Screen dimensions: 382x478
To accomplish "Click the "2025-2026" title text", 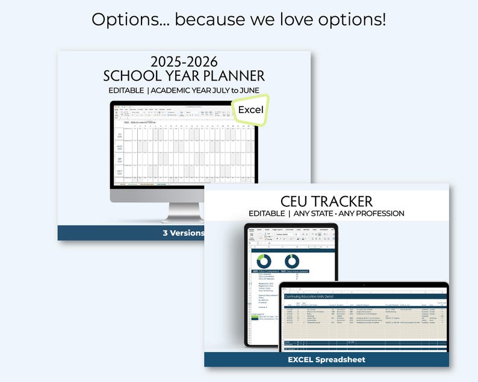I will (184, 62).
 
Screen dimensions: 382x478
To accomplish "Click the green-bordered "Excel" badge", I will (250, 110).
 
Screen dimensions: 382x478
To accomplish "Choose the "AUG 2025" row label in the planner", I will (119, 147).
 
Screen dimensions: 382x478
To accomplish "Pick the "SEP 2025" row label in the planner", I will (119, 160).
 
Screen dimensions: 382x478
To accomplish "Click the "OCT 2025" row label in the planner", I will (119, 173).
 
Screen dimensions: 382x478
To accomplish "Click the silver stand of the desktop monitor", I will (184, 212).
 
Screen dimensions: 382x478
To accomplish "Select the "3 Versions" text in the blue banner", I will (184, 233).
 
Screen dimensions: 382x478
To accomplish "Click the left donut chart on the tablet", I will (264, 261).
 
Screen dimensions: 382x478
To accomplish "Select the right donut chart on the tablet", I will (292, 261).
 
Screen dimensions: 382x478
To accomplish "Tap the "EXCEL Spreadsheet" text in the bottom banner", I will (326, 360).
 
